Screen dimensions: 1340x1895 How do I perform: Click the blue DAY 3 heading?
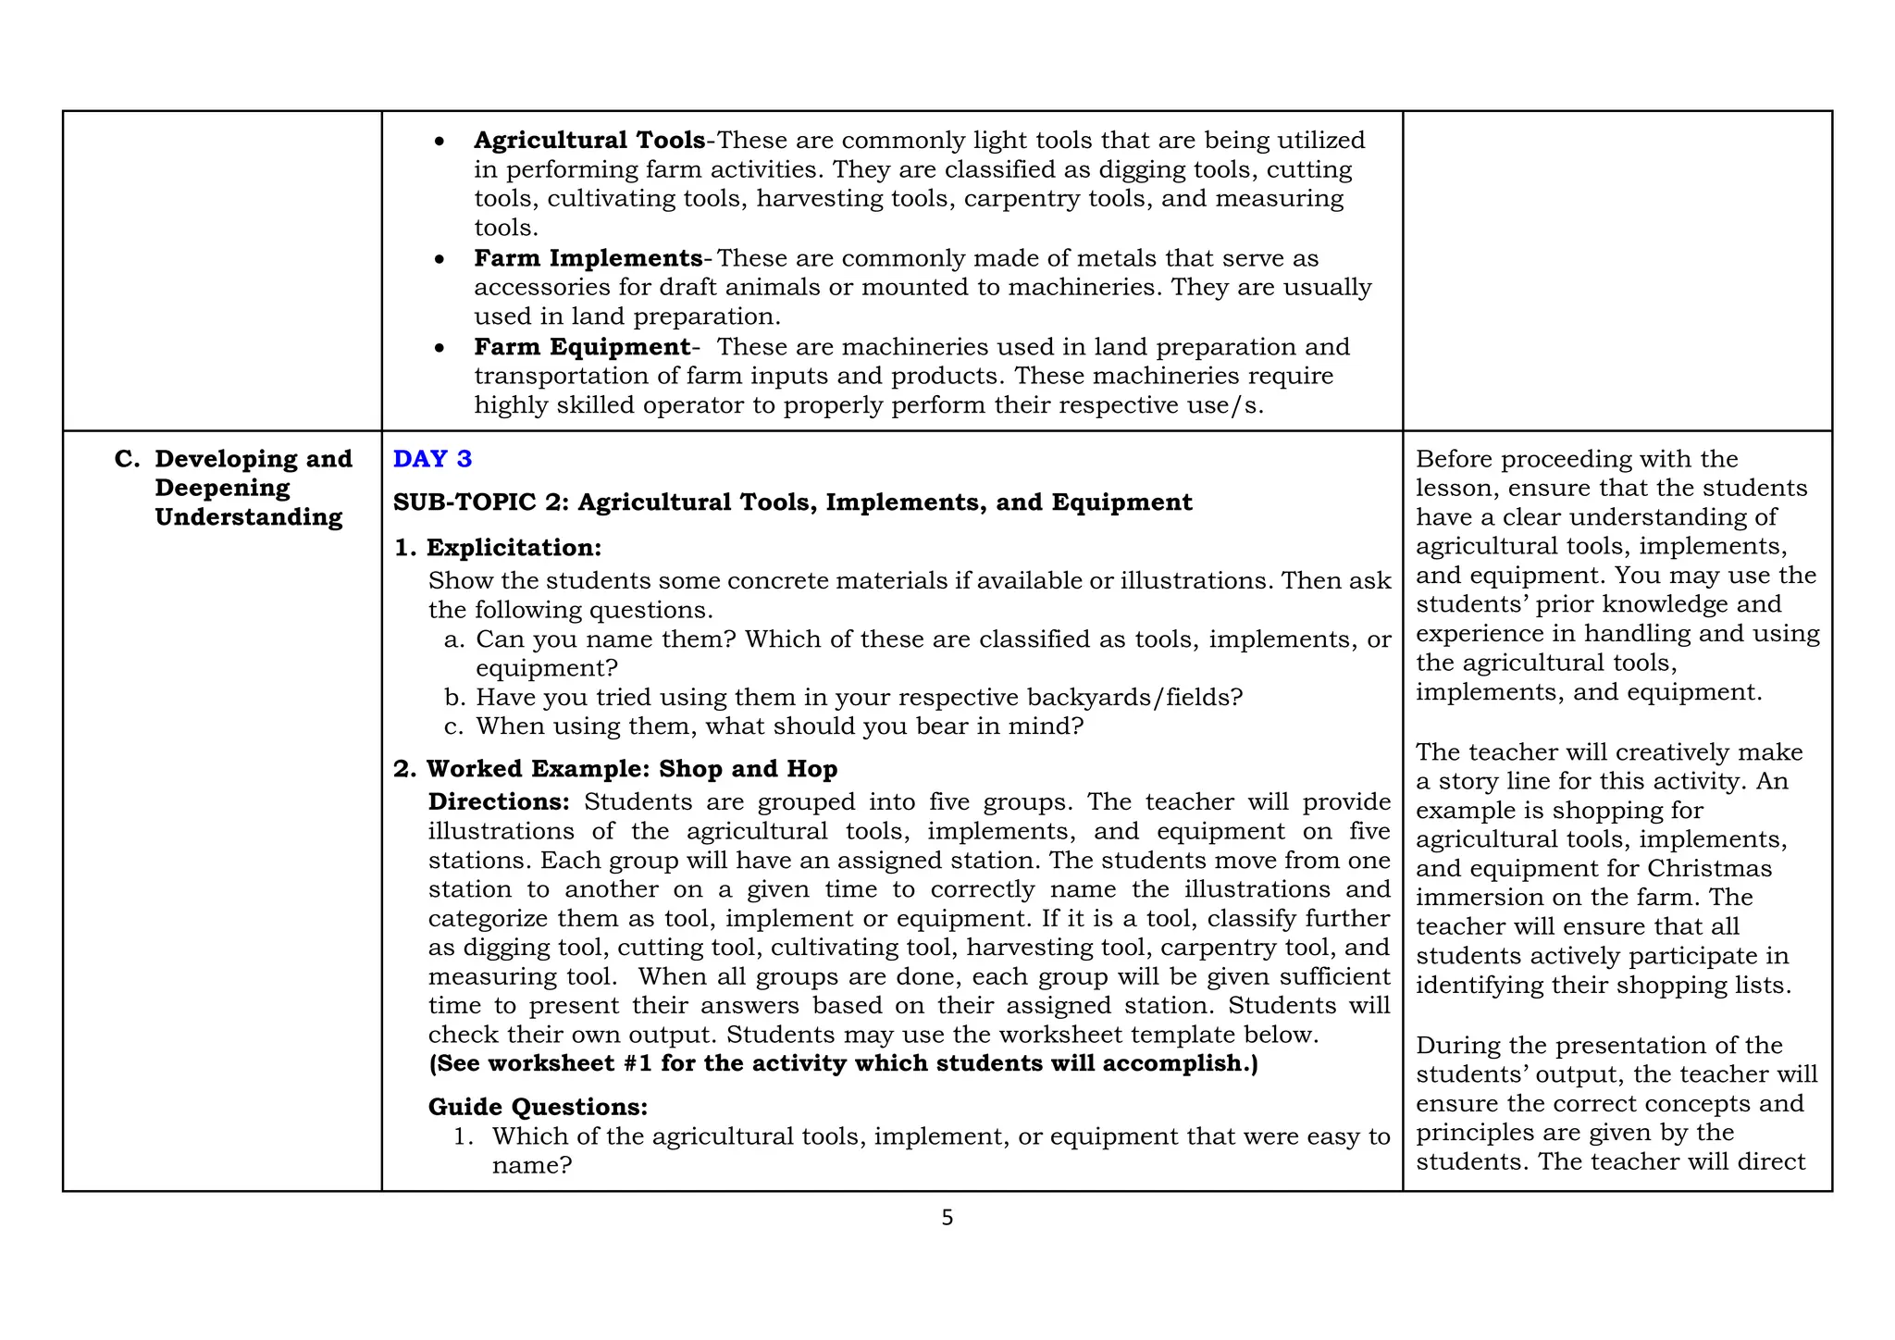pyautogui.click(x=432, y=459)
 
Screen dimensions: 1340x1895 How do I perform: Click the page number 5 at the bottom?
pyautogui.click(x=947, y=1219)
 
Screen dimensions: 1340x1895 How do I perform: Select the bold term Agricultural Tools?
pyautogui.click(x=589, y=141)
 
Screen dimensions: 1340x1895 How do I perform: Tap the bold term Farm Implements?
pyautogui.click(x=588, y=258)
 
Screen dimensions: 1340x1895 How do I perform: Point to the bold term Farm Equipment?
pyautogui.click(x=582, y=347)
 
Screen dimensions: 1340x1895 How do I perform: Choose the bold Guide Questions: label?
pyautogui.click(x=538, y=1107)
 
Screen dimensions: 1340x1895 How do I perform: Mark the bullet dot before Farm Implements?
pyautogui.click(x=440, y=260)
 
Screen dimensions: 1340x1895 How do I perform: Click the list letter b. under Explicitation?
pyautogui.click(x=453, y=698)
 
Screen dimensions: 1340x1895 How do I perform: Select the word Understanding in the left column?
pyautogui.click(x=248, y=517)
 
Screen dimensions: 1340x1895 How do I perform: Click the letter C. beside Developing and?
pyautogui.click(x=127, y=460)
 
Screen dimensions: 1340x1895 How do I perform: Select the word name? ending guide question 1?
pyautogui.click(x=532, y=1166)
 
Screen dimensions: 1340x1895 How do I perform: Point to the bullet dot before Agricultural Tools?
pyautogui.click(x=440, y=143)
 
